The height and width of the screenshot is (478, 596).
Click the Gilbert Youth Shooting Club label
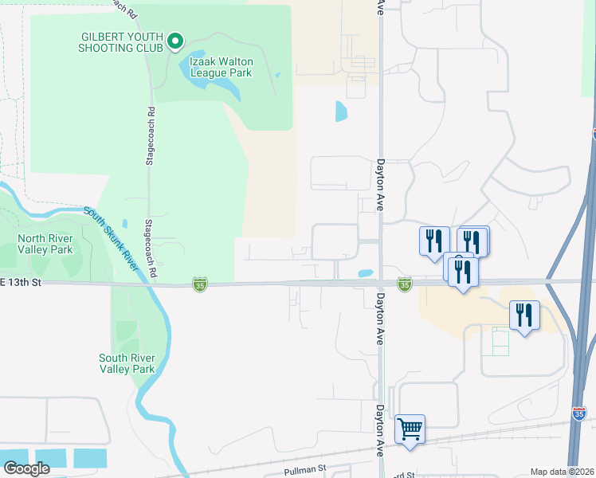click(120, 41)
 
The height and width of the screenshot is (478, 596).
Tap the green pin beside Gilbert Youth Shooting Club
click(175, 41)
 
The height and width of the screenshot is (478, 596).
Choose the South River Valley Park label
click(127, 363)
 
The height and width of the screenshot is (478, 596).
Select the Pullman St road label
click(306, 471)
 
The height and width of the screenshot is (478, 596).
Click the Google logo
click(26, 468)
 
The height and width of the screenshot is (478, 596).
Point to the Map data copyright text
click(562, 472)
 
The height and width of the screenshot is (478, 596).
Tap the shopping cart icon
click(410, 429)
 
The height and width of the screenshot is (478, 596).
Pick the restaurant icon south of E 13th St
click(523, 315)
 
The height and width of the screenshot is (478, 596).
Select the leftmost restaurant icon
click(433, 241)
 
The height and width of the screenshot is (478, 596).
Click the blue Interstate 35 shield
click(579, 413)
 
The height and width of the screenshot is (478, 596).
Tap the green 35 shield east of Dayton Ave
click(405, 284)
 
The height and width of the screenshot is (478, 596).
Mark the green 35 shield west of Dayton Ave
click(199, 284)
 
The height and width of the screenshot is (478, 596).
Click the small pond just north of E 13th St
click(366, 273)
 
